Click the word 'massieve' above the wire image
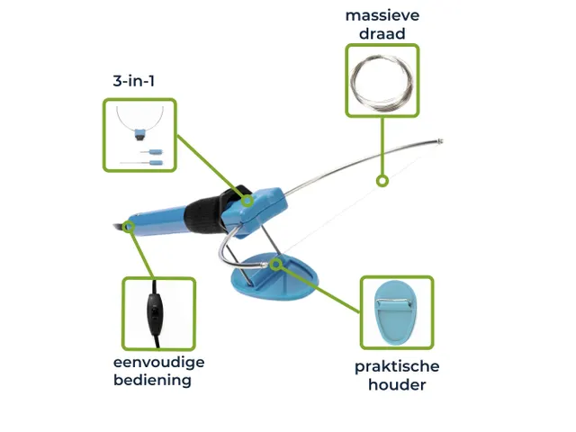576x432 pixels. (382, 15)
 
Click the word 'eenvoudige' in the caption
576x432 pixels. (159, 362)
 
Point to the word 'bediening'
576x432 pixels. (152, 380)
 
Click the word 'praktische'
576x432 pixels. (397, 366)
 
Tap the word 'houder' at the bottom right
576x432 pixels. (397, 385)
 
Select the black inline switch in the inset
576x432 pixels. (157, 311)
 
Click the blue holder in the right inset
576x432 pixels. (396, 313)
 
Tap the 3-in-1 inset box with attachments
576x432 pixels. (139, 135)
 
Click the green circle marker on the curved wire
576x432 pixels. (382, 181)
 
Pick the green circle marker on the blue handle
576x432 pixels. (130, 227)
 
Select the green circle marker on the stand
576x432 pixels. (275, 265)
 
